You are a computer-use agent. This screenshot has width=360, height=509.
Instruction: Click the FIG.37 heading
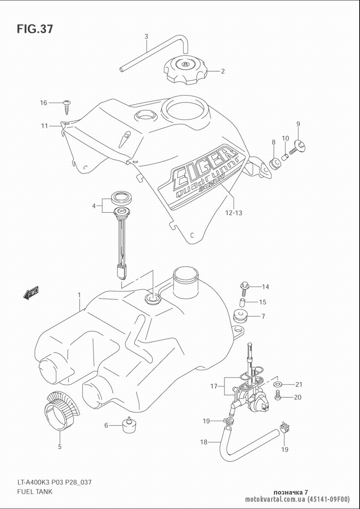(x=35, y=29)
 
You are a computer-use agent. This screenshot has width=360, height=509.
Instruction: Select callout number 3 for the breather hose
(x=146, y=36)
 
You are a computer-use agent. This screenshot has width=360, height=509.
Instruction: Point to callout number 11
(x=44, y=126)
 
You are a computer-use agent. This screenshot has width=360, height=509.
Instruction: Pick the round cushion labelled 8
(x=275, y=163)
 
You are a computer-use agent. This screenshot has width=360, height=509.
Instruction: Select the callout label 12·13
(x=234, y=213)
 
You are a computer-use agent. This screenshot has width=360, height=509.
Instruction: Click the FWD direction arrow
(x=31, y=293)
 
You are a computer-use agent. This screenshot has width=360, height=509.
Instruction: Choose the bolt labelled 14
(x=244, y=286)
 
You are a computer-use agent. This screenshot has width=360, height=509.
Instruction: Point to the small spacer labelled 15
(x=243, y=302)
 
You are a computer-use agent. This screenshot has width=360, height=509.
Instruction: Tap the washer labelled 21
(x=278, y=384)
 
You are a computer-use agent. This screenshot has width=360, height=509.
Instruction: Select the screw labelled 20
(x=278, y=397)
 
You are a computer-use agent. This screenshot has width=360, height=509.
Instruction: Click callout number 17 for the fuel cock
(x=214, y=386)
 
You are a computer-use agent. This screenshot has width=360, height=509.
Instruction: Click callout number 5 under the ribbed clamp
(x=60, y=447)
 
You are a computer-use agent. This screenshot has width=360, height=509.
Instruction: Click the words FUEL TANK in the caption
(x=35, y=491)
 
